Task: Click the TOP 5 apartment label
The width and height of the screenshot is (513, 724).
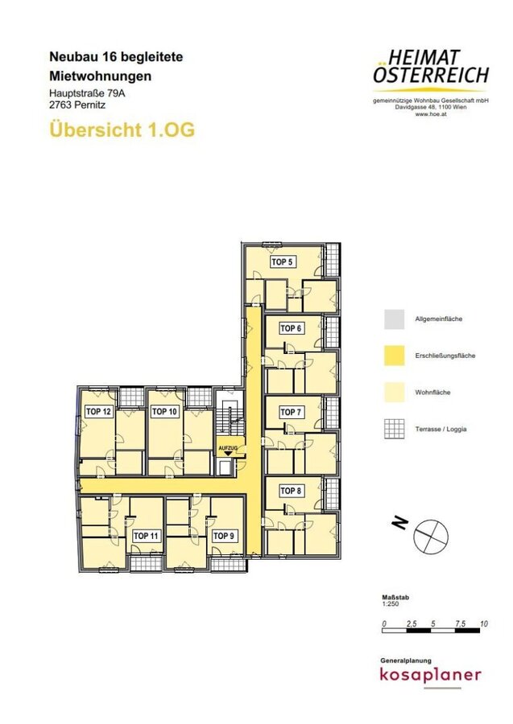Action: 282,261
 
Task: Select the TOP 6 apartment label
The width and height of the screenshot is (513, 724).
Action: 291,328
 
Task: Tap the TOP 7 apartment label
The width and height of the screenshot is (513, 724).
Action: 291,412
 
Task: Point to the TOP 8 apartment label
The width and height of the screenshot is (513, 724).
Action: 291,491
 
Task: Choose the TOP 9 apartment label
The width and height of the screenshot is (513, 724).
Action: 223,536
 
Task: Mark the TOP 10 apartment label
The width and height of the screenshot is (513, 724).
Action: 164,411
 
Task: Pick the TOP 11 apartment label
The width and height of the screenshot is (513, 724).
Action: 146,536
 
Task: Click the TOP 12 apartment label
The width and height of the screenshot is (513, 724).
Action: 98,411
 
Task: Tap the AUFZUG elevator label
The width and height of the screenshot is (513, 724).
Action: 228,448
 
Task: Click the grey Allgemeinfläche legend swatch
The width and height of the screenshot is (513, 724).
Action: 395,319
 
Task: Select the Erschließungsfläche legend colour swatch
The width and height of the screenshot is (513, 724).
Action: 395,356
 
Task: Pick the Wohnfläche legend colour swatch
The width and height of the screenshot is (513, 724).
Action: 395,393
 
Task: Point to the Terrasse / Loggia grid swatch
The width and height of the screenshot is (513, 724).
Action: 395,429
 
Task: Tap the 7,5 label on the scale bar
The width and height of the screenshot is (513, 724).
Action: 460,623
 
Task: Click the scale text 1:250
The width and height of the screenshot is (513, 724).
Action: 391,604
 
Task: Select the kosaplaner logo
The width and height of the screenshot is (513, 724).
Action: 430,674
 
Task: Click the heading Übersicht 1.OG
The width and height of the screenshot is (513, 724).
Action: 122,130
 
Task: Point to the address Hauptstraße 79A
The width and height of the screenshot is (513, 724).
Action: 87,93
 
